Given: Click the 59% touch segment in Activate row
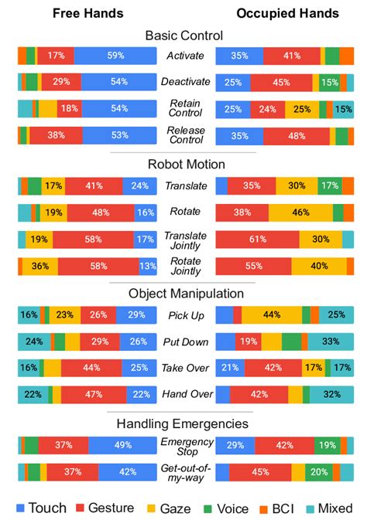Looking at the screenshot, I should point(116,56).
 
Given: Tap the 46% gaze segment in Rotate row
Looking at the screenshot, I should point(300,212).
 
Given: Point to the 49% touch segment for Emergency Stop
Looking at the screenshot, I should point(122,445).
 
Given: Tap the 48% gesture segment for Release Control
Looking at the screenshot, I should point(297,136).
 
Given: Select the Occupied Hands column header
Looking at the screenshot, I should point(287,13).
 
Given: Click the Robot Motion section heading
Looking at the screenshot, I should point(186,164).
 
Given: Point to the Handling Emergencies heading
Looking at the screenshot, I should point(183,423).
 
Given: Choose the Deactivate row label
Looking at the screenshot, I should point(186,82).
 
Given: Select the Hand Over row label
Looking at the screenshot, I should point(186,394).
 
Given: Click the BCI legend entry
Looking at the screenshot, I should point(275,508).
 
